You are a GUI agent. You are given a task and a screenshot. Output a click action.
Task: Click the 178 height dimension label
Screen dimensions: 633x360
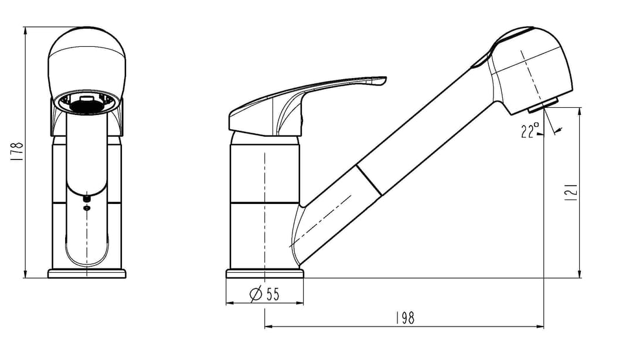(x=17, y=152)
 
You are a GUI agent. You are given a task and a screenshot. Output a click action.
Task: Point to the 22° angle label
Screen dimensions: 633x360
(x=530, y=131)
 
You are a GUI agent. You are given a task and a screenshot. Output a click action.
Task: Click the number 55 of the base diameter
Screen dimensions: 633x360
(x=273, y=294)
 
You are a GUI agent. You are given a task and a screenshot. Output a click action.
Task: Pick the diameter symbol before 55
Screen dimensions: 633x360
(x=256, y=294)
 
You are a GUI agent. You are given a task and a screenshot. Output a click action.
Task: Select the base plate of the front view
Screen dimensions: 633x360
(x=87, y=274)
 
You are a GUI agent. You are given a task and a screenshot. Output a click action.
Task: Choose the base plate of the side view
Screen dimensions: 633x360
(x=264, y=274)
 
